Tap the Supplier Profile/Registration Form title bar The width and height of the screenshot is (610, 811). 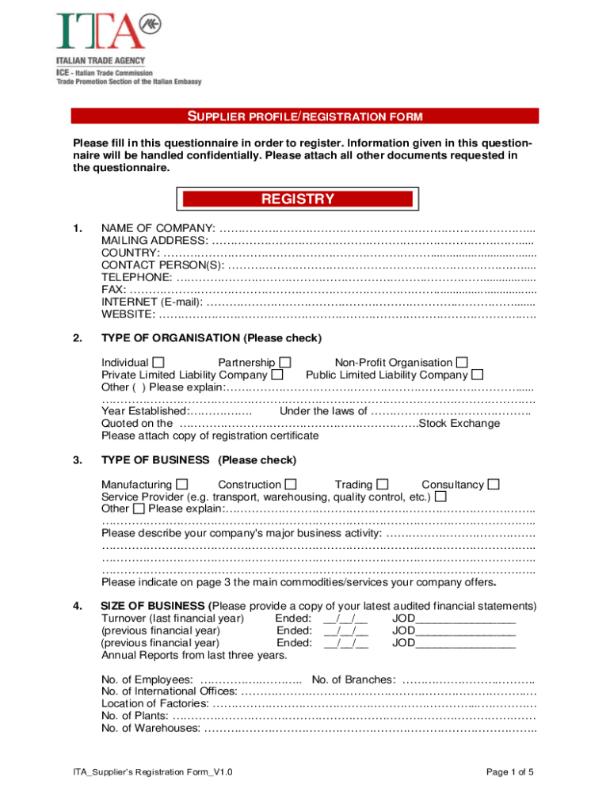pos(304,117)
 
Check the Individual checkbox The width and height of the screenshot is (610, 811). pos(158,363)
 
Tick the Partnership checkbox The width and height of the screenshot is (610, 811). pos(285,363)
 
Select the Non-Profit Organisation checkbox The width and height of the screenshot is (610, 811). pos(462,363)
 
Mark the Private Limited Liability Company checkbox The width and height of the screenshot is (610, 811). pos(277,375)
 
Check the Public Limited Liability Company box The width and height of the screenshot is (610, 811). pos(477,375)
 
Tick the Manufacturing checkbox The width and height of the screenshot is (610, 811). pos(182,485)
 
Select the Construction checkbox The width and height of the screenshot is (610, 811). pos(291,485)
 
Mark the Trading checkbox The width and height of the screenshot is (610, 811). pos(383,485)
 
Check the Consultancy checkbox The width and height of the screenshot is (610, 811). pos(494,485)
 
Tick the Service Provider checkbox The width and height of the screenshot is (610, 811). pos(440,497)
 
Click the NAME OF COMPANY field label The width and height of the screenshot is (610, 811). pos(158,229)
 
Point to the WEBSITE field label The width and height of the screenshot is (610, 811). pos(128,314)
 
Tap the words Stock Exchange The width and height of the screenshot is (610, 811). pos(459,423)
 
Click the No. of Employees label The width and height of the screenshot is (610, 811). pos(147,680)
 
